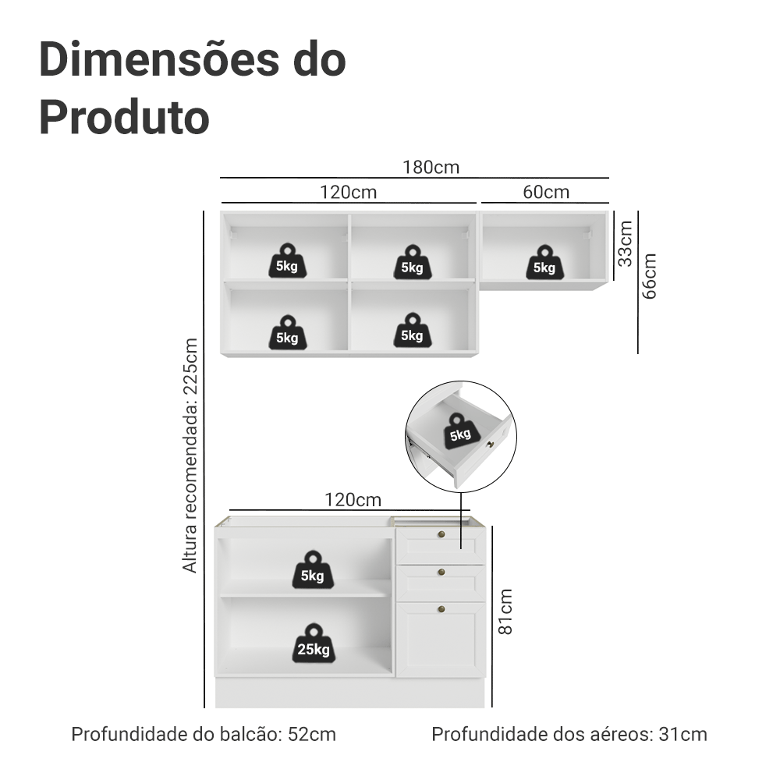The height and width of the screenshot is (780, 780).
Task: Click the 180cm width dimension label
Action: tap(431, 167)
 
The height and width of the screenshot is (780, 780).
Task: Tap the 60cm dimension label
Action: tap(546, 192)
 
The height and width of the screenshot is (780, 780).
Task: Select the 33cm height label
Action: tap(625, 243)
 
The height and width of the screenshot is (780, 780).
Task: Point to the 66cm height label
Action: tap(649, 275)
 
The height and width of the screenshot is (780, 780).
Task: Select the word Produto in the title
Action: tap(124, 118)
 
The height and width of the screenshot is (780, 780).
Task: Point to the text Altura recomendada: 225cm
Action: tap(190, 456)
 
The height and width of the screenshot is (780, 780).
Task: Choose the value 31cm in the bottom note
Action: tap(683, 734)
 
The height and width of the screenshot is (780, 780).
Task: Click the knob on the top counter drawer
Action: tap(441, 535)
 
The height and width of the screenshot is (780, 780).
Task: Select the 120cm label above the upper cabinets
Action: tap(347, 192)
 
